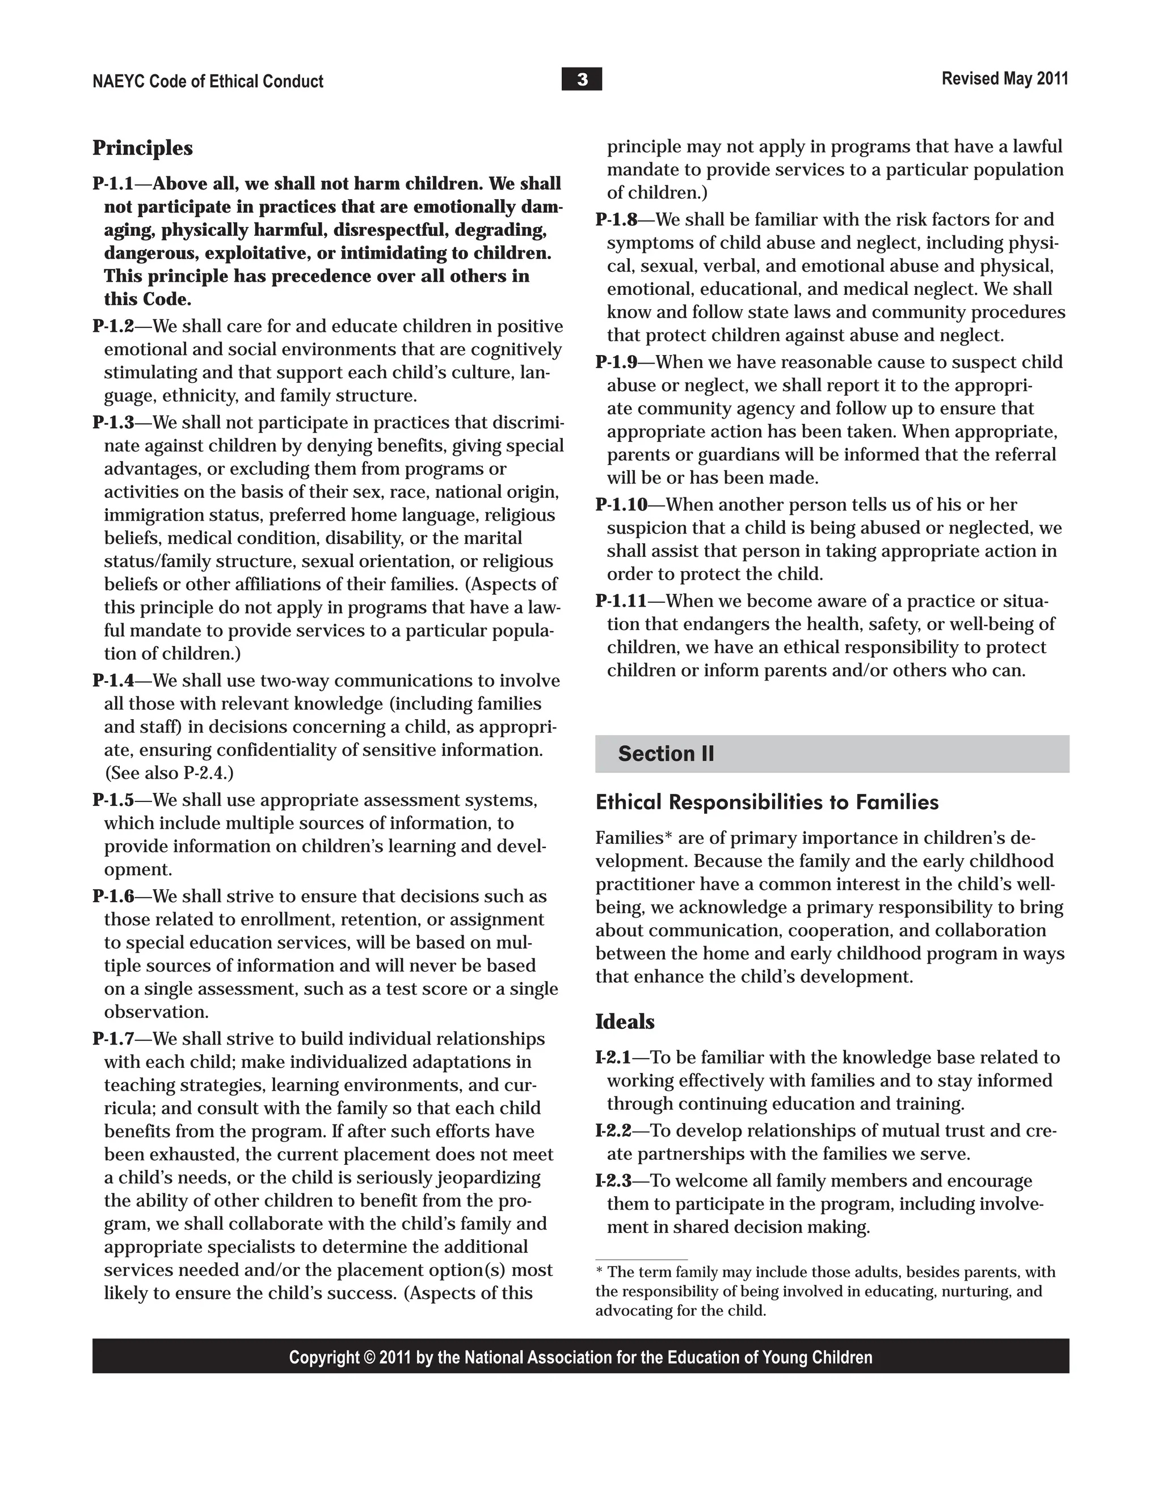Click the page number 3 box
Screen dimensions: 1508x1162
(x=581, y=79)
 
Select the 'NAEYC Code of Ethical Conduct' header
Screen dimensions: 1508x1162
(x=207, y=82)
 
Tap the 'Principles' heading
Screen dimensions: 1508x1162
(x=142, y=148)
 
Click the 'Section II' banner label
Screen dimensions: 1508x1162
(x=666, y=753)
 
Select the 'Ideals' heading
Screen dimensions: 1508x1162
(x=625, y=1021)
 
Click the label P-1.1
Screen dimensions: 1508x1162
(x=113, y=184)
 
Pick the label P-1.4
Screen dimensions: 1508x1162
(x=113, y=681)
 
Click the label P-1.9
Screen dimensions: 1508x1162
(x=616, y=362)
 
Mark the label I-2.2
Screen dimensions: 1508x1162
(x=613, y=1130)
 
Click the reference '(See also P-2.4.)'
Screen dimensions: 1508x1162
(x=169, y=772)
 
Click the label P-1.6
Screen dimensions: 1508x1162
(x=113, y=896)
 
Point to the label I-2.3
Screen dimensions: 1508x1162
(x=613, y=1181)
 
